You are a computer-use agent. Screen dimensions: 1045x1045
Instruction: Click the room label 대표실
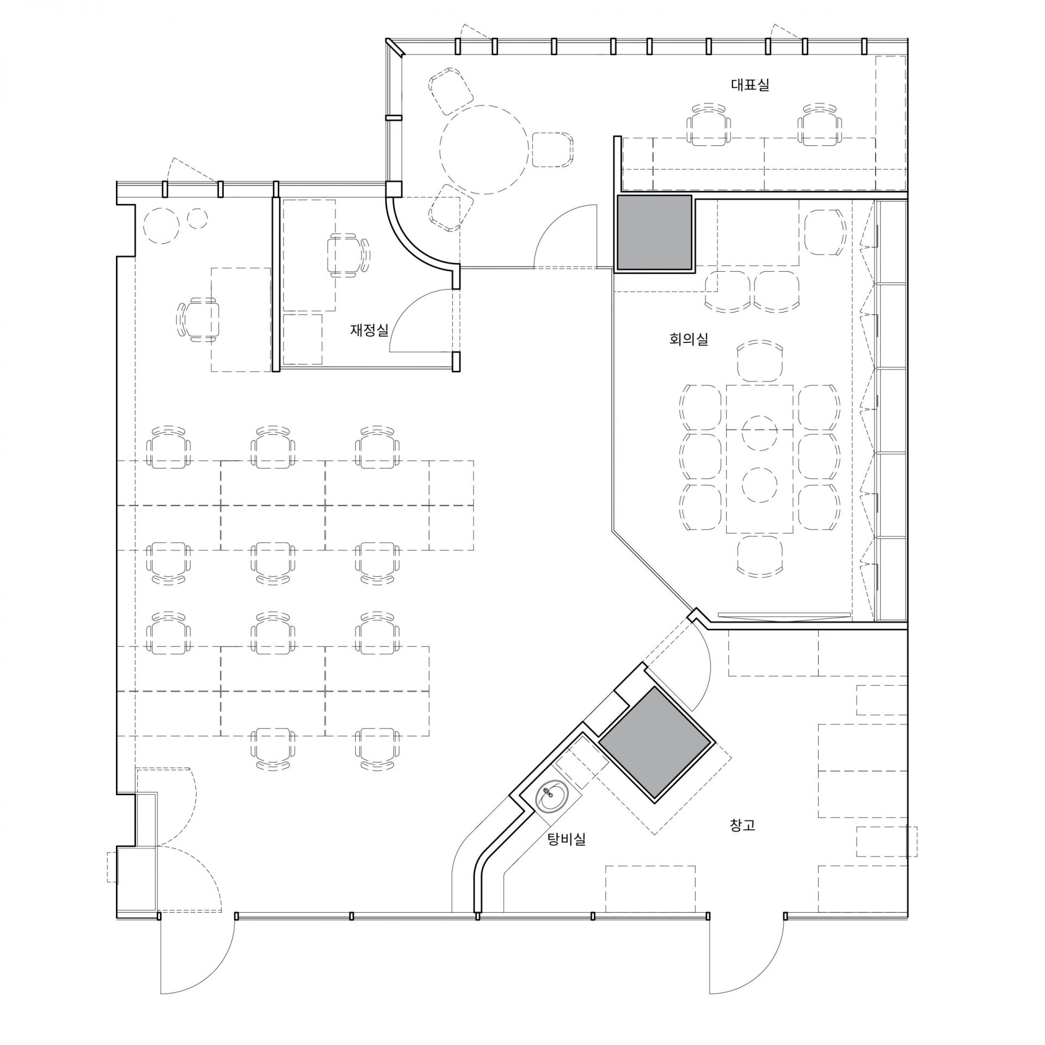(x=750, y=85)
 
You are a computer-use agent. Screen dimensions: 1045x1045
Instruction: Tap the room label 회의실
(x=689, y=340)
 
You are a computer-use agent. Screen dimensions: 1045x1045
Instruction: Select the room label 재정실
(x=369, y=330)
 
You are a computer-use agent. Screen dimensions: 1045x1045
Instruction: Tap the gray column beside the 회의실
(x=654, y=232)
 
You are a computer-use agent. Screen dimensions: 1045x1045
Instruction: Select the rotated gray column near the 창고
(x=655, y=743)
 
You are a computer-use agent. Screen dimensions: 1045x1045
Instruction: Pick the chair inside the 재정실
(x=347, y=255)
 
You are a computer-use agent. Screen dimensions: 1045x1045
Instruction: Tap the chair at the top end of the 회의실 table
(x=760, y=361)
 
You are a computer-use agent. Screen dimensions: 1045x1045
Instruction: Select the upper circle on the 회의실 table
(x=759, y=431)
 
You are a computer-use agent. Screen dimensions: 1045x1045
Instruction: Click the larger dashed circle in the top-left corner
(x=162, y=226)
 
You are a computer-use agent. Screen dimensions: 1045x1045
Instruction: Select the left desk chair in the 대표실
(x=709, y=124)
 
